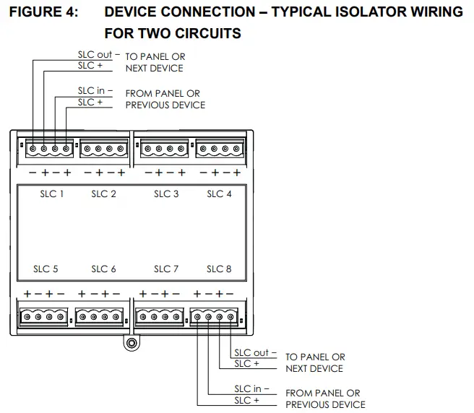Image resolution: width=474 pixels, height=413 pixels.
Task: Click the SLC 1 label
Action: (52, 194)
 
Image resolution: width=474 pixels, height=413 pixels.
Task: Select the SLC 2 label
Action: (104, 194)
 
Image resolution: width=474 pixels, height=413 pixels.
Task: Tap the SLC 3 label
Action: (166, 194)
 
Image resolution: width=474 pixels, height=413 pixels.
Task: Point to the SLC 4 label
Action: (219, 194)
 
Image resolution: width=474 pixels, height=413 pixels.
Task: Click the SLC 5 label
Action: (45, 269)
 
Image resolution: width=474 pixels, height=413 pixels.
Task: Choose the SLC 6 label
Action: (104, 269)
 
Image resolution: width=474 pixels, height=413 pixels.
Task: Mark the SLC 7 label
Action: (166, 269)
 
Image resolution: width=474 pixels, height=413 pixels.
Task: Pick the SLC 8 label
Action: (219, 269)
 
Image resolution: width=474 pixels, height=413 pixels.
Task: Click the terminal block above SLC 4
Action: (217, 149)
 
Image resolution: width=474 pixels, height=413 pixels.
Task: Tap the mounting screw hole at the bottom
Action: (131, 343)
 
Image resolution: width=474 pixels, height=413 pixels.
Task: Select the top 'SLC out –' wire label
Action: (98, 55)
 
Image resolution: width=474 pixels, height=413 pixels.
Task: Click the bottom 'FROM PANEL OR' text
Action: (322, 394)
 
